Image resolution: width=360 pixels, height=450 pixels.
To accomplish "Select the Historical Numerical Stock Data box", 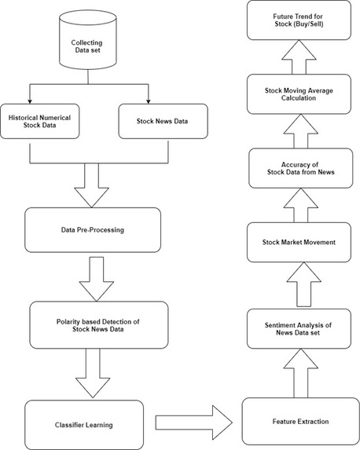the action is point(39,121).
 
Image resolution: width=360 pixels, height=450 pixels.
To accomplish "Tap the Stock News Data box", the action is point(163,121).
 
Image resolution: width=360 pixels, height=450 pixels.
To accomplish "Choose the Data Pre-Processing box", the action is point(93,230).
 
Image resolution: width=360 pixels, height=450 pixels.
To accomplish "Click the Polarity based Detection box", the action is point(99,325).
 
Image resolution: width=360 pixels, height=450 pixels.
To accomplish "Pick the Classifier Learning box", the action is point(84,425).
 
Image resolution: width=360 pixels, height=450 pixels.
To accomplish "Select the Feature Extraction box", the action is point(300,421).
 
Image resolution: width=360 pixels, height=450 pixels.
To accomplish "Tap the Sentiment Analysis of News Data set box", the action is point(299,329).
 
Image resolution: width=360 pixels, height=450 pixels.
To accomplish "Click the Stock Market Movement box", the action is point(299,242).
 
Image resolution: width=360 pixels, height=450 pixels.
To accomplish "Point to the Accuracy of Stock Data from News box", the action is point(300,168).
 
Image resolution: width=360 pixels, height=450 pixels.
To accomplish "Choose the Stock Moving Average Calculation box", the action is point(299,94).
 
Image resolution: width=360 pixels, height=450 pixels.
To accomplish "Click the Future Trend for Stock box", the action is point(299,20).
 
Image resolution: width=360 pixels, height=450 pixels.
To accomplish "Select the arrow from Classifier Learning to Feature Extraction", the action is point(193,423).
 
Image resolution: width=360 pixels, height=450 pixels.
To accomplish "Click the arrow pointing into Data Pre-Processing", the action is point(91,185).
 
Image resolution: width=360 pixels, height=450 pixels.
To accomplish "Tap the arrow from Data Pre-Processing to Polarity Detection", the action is point(97,279).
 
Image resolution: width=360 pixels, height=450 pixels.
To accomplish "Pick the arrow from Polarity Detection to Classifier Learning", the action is point(93,373).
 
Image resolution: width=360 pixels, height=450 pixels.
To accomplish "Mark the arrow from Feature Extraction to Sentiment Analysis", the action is point(300,373).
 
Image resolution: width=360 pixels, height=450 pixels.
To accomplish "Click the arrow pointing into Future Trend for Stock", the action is point(299,57).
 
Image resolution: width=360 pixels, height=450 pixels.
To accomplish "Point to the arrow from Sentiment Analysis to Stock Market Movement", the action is point(303,284).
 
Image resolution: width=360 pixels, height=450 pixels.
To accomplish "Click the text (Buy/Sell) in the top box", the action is point(308,24).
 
